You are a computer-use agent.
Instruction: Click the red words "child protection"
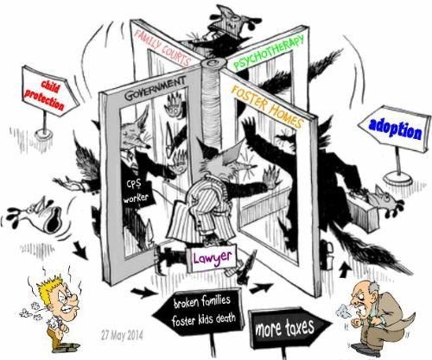click(45, 95)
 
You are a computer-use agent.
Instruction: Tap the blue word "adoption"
click(395, 129)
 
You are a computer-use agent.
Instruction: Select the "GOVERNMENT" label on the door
click(155, 88)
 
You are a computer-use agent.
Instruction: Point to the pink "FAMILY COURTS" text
click(162, 47)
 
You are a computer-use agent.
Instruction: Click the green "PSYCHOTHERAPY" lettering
click(268, 53)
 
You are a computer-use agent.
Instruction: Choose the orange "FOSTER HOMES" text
click(267, 106)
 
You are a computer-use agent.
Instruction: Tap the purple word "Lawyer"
click(213, 257)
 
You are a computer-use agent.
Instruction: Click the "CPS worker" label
click(136, 191)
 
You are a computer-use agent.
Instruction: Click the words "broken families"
click(202, 302)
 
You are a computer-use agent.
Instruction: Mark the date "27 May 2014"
click(122, 336)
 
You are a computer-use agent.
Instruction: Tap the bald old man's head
click(364, 294)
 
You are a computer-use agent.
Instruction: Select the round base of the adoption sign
click(397, 180)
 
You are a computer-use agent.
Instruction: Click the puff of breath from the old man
click(343, 310)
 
